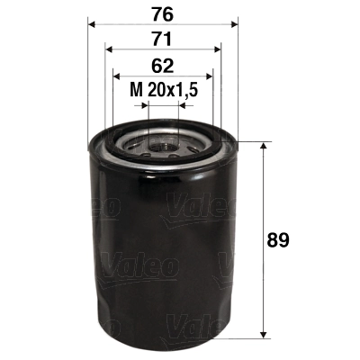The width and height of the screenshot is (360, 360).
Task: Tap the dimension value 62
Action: click(163, 65)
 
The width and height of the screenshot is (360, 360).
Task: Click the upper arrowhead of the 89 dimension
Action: click(263, 147)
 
